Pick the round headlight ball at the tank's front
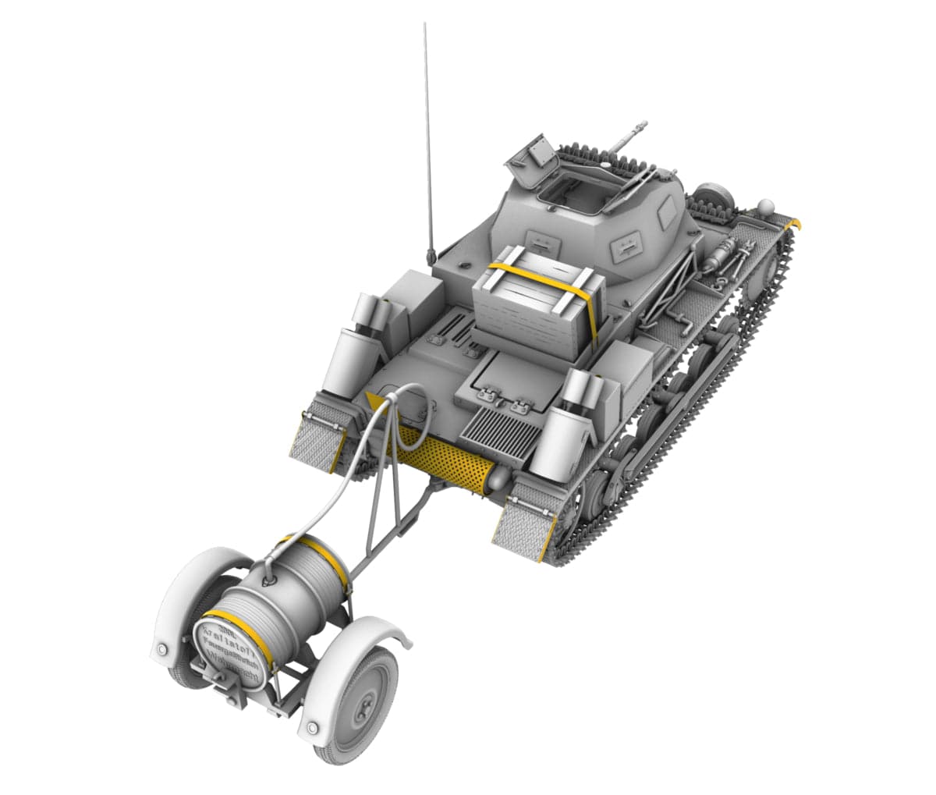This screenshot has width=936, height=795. [765, 208]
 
